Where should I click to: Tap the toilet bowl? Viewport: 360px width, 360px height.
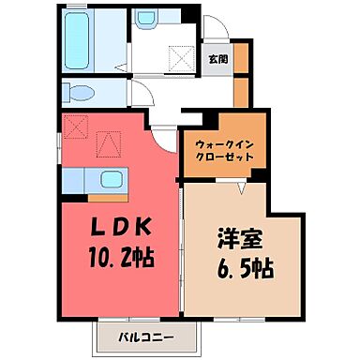(x=79, y=92)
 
